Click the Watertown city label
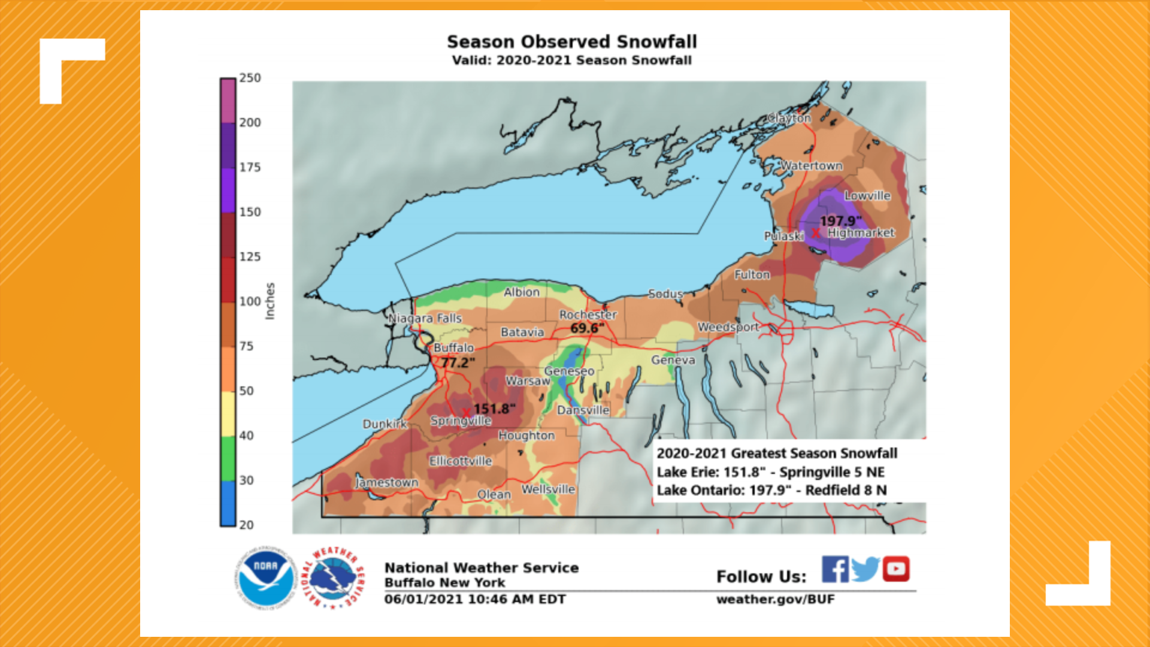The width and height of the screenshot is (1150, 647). click(x=811, y=165)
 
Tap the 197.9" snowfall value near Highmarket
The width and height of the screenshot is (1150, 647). click(x=840, y=221)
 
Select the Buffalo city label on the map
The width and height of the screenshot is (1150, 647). click(x=453, y=347)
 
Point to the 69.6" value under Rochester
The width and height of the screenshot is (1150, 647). click(x=587, y=328)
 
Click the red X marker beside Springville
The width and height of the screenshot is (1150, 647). click(x=466, y=413)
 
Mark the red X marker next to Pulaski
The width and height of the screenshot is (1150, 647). click(x=815, y=232)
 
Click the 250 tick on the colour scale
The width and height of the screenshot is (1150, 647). click(x=250, y=78)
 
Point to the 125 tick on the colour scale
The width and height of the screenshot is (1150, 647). click(x=250, y=256)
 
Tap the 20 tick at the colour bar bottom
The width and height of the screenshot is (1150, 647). click(x=246, y=525)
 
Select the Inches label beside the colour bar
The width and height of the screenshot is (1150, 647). click(x=270, y=301)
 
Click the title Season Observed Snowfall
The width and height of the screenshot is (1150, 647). click(x=571, y=42)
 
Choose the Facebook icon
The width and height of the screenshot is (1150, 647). click(x=835, y=569)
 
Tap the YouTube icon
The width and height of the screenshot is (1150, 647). click(x=895, y=569)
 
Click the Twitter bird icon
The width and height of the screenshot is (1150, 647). click(x=865, y=569)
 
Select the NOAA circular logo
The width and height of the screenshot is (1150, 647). click(x=265, y=579)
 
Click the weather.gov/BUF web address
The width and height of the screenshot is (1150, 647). click(x=775, y=600)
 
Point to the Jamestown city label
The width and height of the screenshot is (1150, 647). click(x=387, y=482)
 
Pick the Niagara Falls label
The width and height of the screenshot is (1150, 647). click(x=425, y=318)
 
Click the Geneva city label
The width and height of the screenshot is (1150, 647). click(x=673, y=360)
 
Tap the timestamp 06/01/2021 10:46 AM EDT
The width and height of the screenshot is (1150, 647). click(x=474, y=599)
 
